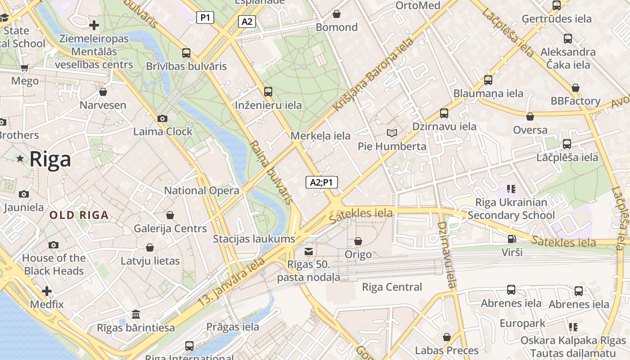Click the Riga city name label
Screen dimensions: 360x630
tap(50, 159)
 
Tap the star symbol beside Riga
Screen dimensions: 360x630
tap(20, 158)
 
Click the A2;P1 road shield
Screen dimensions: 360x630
tap(322, 182)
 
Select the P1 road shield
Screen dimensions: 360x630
tap(205, 18)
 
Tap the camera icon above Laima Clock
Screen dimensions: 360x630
tap(162, 119)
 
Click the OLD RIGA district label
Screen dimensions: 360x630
tap(79, 215)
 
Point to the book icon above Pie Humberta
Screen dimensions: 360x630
tap(392, 133)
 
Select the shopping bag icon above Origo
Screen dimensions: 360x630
tap(358, 242)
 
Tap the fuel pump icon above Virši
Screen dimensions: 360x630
tap(512, 239)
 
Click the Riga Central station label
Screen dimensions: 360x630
tap(392, 287)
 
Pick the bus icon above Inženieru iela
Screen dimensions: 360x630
tap(268, 92)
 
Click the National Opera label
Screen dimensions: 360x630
tap(202, 190)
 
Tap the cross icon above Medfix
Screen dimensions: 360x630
tap(47, 291)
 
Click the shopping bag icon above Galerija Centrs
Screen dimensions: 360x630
tap(170, 216)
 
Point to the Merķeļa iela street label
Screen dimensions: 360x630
tap(320, 135)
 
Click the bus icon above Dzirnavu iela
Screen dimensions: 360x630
tap(444, 113)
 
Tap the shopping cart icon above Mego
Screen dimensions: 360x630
tap(25, 68)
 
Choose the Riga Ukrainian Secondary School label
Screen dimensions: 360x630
tap(511, 209)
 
